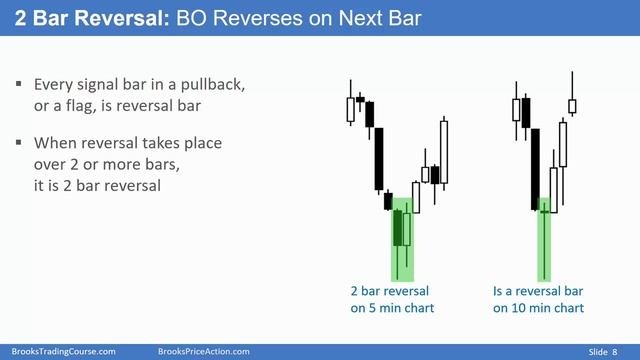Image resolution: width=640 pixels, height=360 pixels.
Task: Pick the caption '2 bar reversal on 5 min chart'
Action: click(392, 299)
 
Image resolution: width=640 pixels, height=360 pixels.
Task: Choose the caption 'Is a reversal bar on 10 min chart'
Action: click(538, 299)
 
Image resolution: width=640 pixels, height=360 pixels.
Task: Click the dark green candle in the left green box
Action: click(398, 228)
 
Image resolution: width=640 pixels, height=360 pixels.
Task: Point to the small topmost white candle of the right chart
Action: click(572, 105)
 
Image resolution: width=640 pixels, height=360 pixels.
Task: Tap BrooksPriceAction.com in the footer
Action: click(204, 351)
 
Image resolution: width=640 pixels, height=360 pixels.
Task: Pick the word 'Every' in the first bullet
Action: click(53, 85)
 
